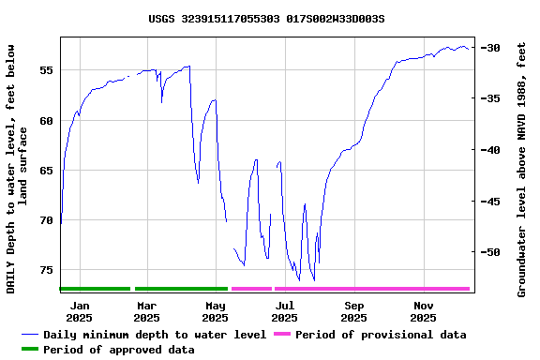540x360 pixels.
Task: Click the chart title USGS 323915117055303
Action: (x=266, y=18)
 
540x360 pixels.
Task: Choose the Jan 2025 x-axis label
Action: (x=80, y=311)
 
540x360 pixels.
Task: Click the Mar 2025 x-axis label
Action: (x=146, y=311)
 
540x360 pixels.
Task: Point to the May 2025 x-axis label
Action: (x=216, y=311)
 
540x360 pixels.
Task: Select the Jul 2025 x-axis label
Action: (x=284, y=311)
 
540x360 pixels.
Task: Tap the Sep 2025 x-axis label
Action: (x=354, y=311)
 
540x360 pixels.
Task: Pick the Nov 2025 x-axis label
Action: (x=423, y=311)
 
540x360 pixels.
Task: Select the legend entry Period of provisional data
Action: (x=381, y=335)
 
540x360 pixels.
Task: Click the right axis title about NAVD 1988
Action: (x=522, y=170)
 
